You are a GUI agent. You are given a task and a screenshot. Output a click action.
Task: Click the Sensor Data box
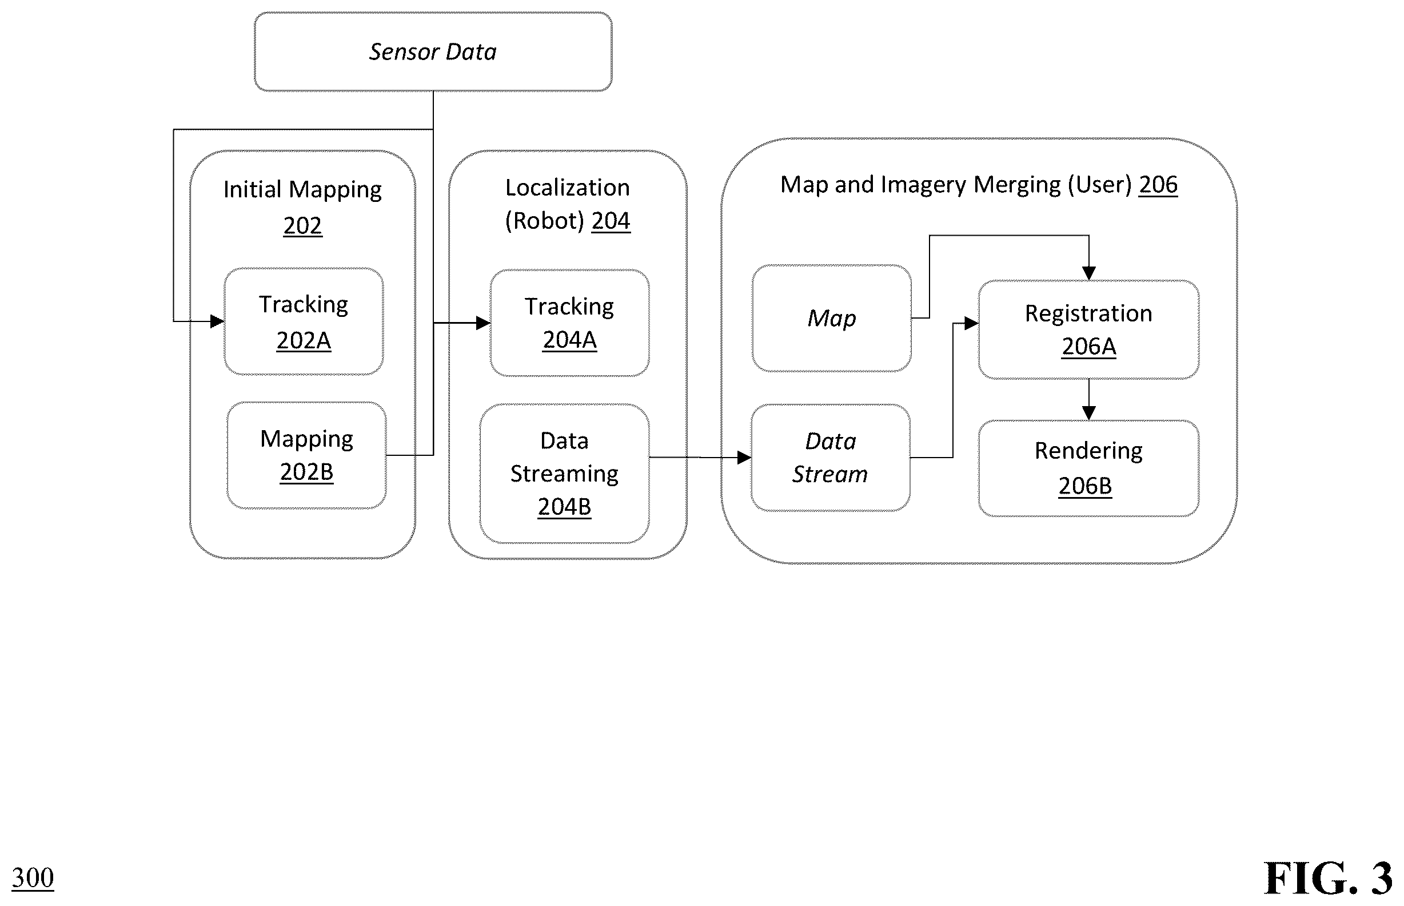click(x=433, y=52)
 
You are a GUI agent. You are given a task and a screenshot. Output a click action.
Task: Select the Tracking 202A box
click(x=304, y=321)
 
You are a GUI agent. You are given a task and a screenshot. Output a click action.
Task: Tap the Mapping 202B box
click(x=306, y=455)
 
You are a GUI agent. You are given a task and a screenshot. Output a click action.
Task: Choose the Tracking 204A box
click(x=570, y=323)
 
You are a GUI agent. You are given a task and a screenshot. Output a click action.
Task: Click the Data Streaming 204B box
click(x=564, y=474)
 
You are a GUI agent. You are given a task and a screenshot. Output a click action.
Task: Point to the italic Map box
click(x=831, y=318)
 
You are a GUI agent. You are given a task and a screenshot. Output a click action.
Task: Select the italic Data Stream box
click(x=830, y=458)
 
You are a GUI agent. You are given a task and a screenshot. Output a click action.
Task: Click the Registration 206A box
click(x=1089, y=329)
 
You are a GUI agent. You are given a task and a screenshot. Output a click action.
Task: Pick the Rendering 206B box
click(x=1089, y=468)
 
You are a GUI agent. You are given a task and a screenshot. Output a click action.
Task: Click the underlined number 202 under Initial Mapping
click(x=303, y=226)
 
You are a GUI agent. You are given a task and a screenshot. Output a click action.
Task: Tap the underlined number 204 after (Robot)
click(x=611, y=221)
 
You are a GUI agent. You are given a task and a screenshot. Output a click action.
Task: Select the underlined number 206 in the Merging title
click(x=1158, y=185)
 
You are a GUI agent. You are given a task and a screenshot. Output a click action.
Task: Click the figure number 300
click(x=33, y=878)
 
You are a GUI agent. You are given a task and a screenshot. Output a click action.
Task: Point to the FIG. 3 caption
click(x=1328, y=878)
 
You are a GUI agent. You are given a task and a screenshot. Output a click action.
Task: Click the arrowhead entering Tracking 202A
click(x=217, y=321)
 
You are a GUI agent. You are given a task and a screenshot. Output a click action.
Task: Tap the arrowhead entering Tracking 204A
click(x=483, y=323)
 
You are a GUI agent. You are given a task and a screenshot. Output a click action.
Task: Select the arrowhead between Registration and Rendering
click(x=1089, y=413)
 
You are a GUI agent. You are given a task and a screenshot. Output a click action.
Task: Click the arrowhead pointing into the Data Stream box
click(x=744, y=457)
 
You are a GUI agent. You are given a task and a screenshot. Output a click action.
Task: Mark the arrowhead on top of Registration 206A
click(x=1089, y=273)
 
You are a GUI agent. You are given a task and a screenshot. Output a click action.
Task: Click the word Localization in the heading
click(x=567, y=188)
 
